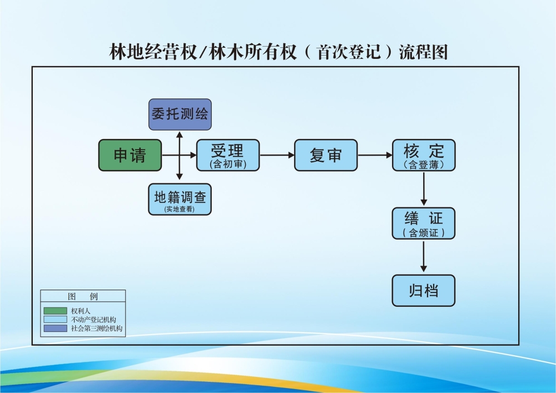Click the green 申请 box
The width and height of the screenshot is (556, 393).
130,155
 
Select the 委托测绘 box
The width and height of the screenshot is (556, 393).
180,115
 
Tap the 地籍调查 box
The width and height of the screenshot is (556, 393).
180,199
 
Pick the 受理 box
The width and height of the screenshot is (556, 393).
227,155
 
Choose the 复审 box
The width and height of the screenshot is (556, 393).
326,155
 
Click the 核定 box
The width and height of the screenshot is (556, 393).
424,155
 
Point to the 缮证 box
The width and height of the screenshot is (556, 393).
424,223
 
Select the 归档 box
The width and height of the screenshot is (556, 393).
424,291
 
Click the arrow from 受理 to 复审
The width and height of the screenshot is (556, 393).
277,155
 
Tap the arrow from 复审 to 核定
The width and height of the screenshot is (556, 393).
375,155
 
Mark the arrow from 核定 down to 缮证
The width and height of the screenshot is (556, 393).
424,189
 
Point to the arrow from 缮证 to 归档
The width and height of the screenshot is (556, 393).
424,257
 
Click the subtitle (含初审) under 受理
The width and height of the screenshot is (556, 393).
227,165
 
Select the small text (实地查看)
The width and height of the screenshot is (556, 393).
180,209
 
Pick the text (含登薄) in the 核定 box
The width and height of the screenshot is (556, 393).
424,165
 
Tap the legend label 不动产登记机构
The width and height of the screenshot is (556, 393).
93,320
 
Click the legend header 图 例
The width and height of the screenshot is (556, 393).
83,296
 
